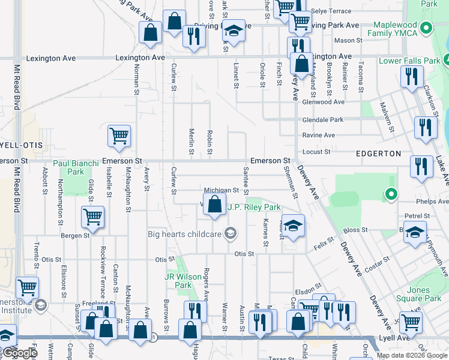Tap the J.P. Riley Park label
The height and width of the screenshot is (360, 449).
click(x=254, y=207)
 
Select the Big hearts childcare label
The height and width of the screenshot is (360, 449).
click(x=185, y=234)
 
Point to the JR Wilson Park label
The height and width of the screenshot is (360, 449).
click(x=178, y=281)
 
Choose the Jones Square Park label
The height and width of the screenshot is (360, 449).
click(x=422, y=294)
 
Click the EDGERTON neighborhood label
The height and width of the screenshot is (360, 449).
click(x=378, y=154)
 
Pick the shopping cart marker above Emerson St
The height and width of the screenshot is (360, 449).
click(x=119, y=136)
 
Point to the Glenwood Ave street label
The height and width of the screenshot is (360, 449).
click(x=323, y=102)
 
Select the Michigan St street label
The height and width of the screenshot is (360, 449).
click(x=221, y=190)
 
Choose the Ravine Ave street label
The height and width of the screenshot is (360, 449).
click(x=318, y=135)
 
